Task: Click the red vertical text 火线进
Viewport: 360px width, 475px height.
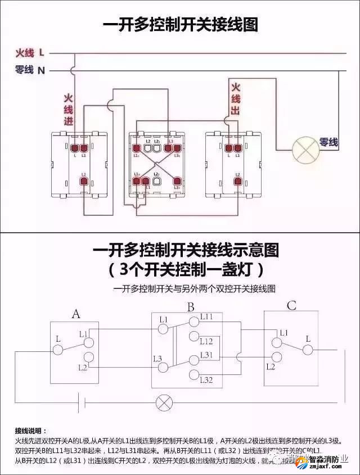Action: click(68, 108)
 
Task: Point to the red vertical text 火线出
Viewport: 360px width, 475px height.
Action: click(235, 99)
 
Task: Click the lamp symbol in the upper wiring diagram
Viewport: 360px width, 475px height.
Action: click(305, 151)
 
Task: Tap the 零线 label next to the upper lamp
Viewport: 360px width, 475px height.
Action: click(328, 142)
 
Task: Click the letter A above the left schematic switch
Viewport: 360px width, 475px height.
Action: click(76, 314)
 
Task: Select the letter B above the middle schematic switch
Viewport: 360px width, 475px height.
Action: click(191, 307)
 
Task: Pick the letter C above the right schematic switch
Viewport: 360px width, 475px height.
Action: click(291, 306)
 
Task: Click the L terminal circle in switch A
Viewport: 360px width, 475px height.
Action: click(57, 350)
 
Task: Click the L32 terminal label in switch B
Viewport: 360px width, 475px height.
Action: click(206, 381)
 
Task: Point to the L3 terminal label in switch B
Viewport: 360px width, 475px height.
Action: click(157, 358)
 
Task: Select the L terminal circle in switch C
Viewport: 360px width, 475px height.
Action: click(308, 350)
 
